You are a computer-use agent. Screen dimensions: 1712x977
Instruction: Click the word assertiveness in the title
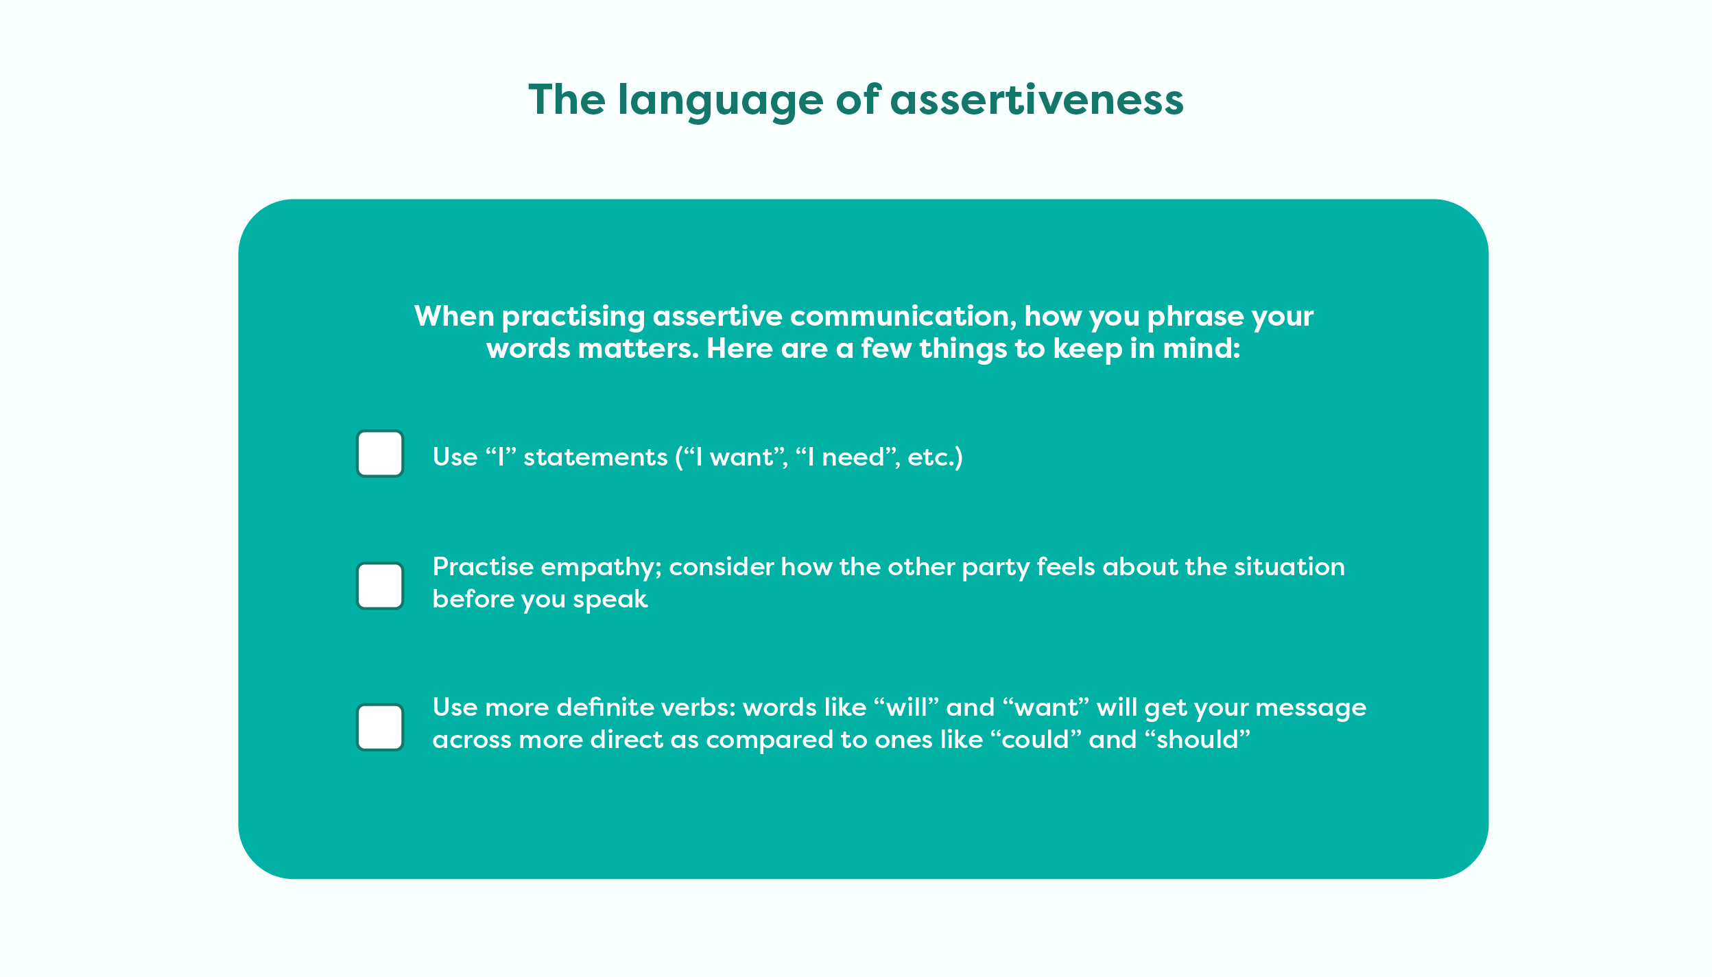[1036, 99]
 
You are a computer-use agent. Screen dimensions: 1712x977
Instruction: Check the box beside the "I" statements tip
[380, 453]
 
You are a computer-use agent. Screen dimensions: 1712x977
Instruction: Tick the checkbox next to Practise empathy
[380, 586]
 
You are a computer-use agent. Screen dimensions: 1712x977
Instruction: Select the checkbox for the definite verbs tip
[380, 727]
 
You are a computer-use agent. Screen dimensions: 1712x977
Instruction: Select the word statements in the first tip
[595, 457]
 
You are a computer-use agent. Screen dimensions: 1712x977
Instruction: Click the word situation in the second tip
[1289, 567]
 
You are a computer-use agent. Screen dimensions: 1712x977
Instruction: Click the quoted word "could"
[1036, 740]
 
